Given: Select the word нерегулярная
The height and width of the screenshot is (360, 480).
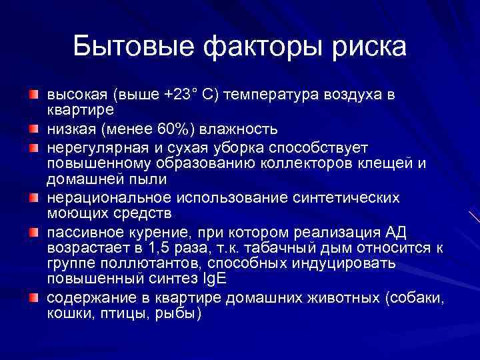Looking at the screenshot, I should (90, 146).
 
